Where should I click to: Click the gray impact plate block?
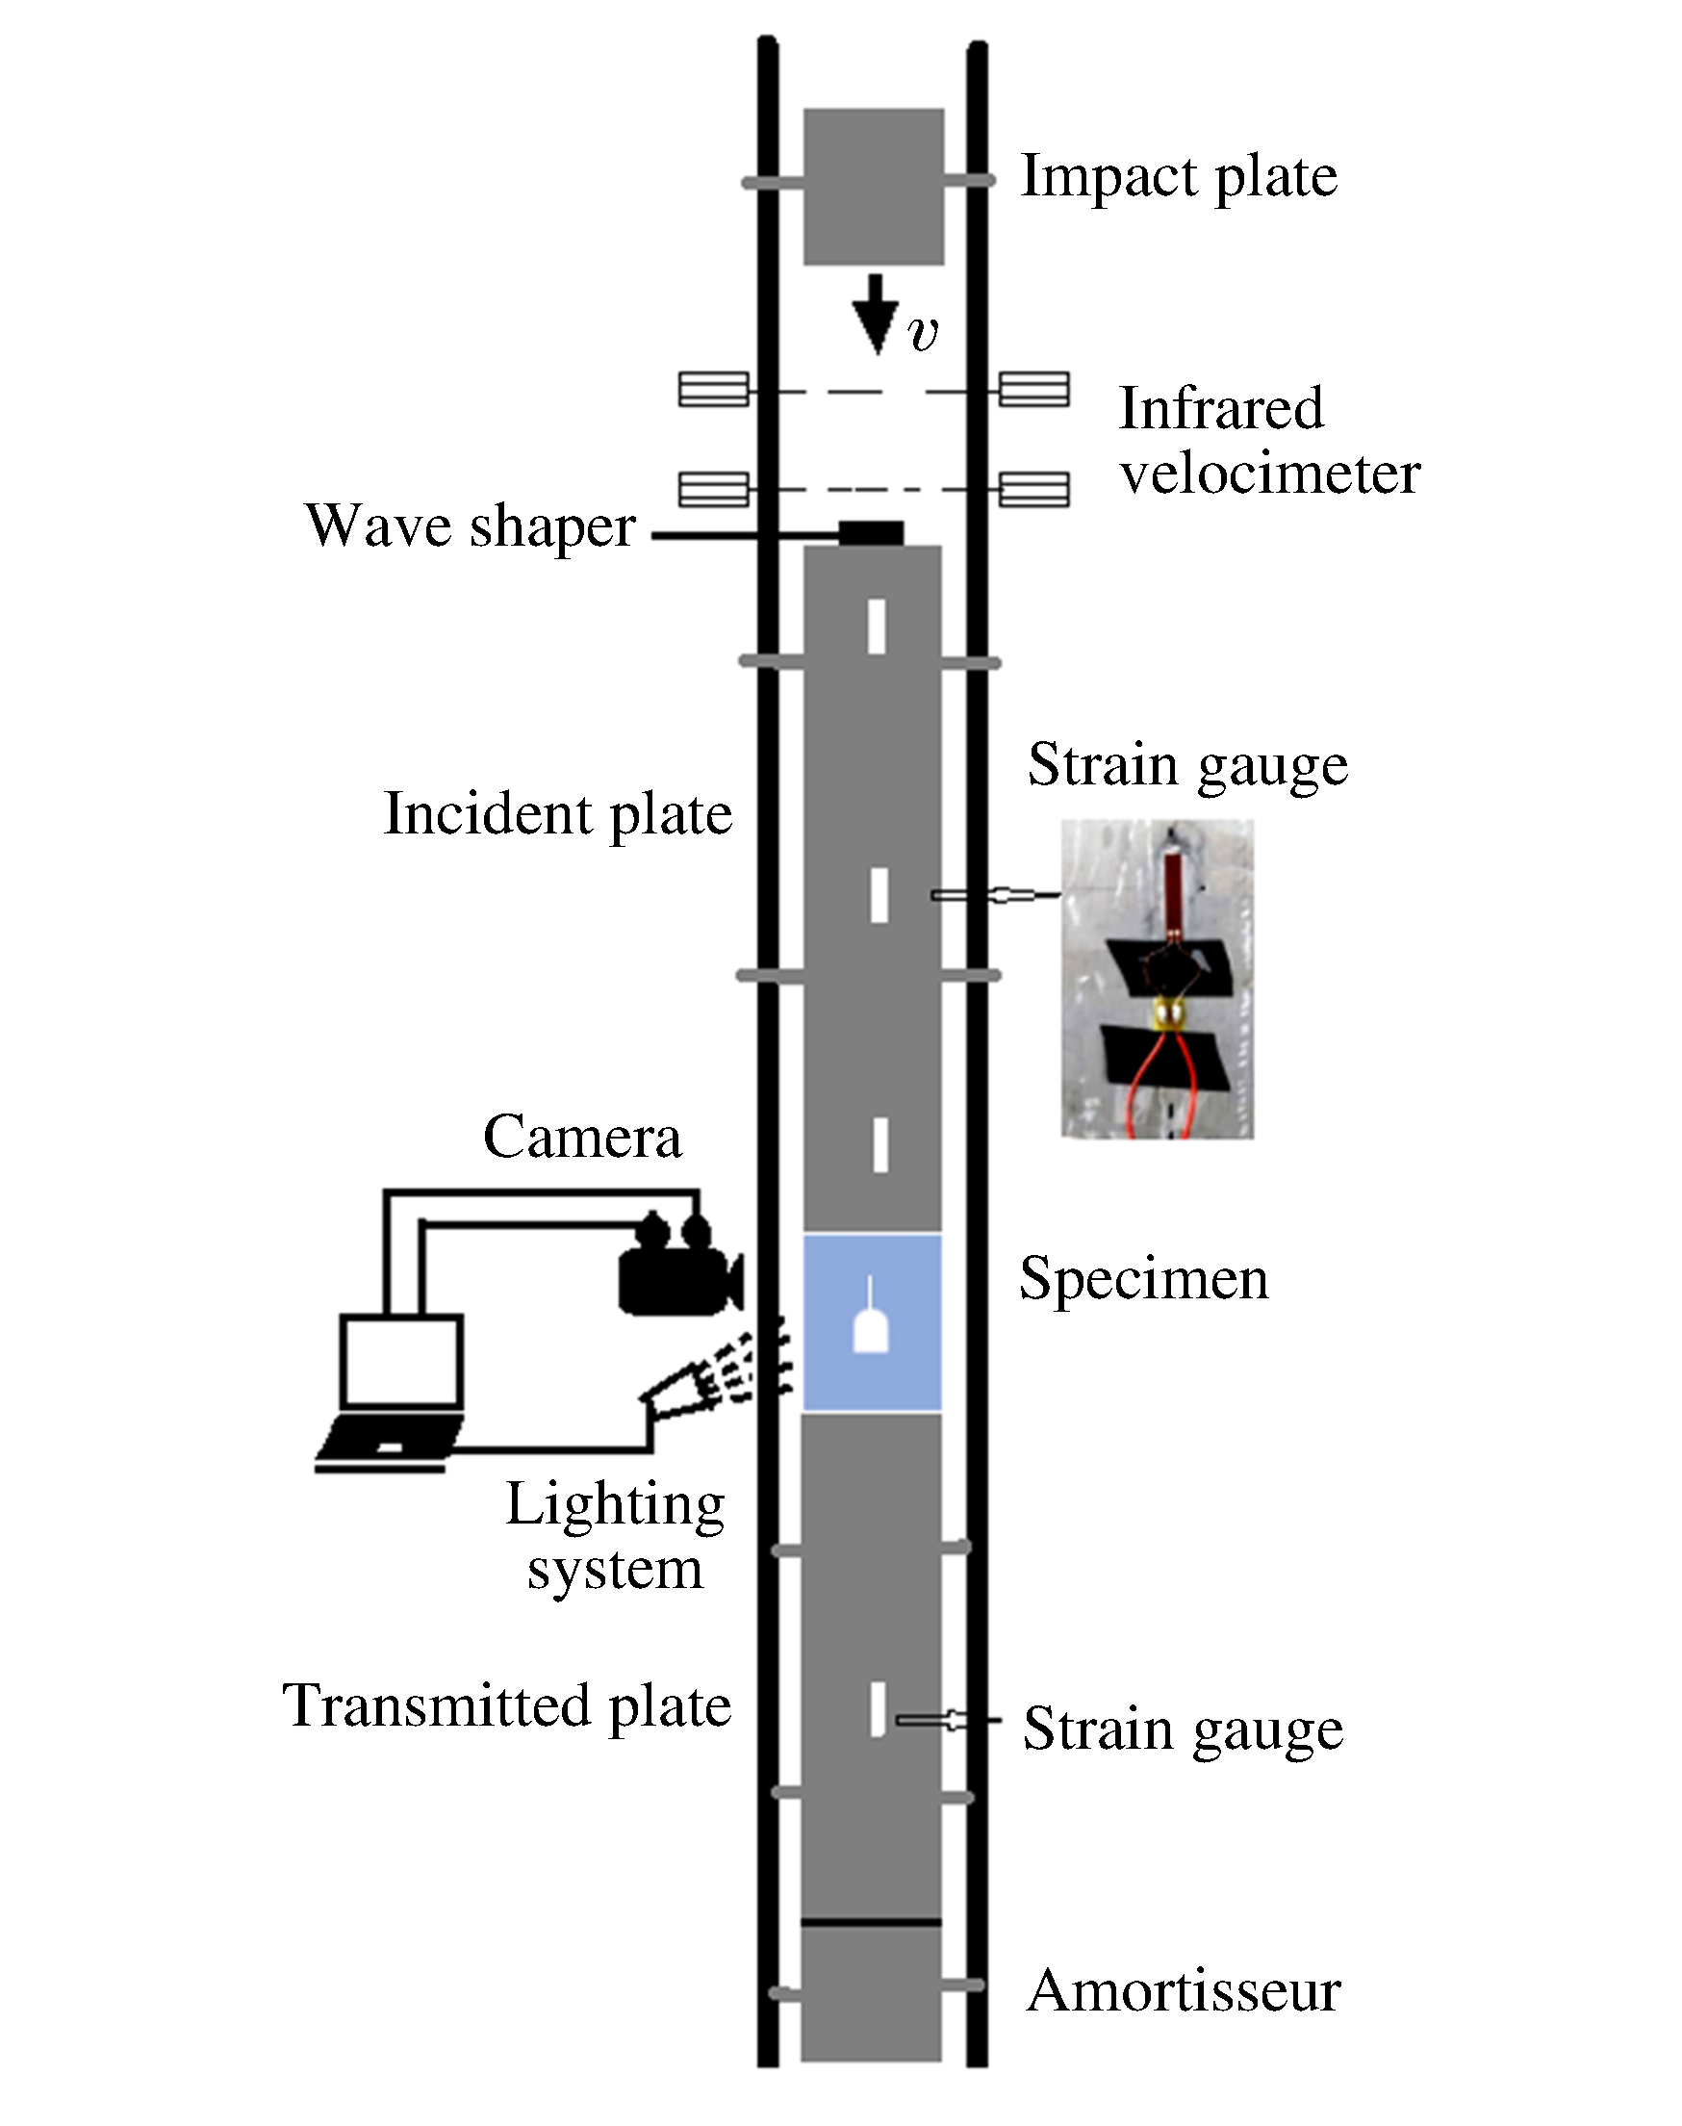pyautogui.click(x=874, y=187)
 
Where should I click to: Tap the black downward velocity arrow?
pyautogui.click(x=875, y=314)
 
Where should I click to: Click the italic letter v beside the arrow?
pyautogui.click(x=924, y=335)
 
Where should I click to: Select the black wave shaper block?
pyautogui.click(x=871, y=533)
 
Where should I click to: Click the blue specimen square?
pyautogui.click(x=873, y=1322)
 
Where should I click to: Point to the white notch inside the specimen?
pyautogui.click(x=871, y=1326)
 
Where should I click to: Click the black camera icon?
pyautogui.click(x=679, y=1268)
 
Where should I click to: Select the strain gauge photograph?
pyautogui.click(x=1158, y=979)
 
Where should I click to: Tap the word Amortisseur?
pyautogui.click(x=1184, y=1991)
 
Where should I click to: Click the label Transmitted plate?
pyautogui.click(x=507, y=1707)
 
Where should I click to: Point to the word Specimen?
pyautogui.click(x=1144, y=1281)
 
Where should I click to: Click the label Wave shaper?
pyautogui.click(x=471, y=526)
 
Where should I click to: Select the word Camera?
pyautogui.click(x=582, y=1138)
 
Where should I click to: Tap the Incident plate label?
pyautogui.click(x=558, y=815)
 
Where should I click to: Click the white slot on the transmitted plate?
pyautogui.click(x=878, y=1710)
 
